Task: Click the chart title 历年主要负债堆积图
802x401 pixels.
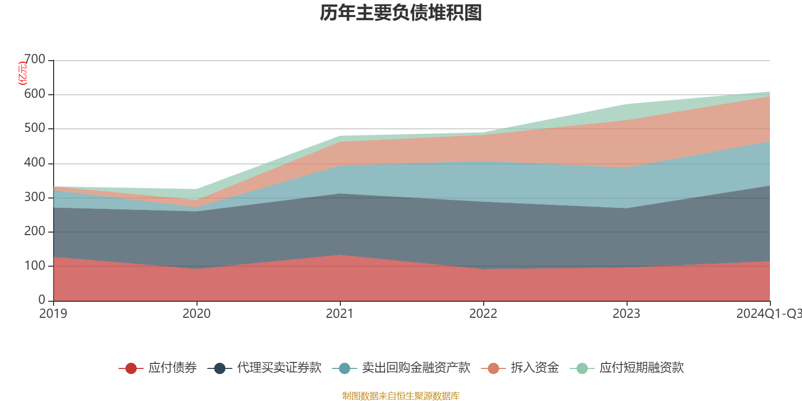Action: (401, 13)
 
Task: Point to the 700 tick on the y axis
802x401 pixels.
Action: (35, 60)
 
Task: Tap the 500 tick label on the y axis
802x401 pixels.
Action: (35, 128)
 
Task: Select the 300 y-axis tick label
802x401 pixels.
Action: (35, 197)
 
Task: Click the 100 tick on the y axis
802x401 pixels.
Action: (35, 266)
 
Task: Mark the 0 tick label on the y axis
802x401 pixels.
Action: (42, 300)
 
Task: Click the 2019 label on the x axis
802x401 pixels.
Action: (53, 314)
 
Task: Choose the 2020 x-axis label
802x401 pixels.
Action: (196, 314)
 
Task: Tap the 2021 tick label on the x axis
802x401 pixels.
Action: (340, 314)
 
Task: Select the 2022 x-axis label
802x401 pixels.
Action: (483, 314)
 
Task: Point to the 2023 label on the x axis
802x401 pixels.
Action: (627, 314)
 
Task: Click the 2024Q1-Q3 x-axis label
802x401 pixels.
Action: (768, 314)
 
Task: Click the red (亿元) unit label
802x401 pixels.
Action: (23, 73)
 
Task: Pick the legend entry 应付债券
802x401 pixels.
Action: (172, 368)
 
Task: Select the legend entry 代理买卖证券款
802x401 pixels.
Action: (279, 368)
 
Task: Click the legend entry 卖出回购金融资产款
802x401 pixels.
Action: (416, 368)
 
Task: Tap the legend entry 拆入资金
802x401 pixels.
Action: (535, 368)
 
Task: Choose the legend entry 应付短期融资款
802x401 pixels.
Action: (642, 368)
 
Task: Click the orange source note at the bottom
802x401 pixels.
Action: (401, 396)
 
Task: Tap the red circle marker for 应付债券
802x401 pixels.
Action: (131, 368)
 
